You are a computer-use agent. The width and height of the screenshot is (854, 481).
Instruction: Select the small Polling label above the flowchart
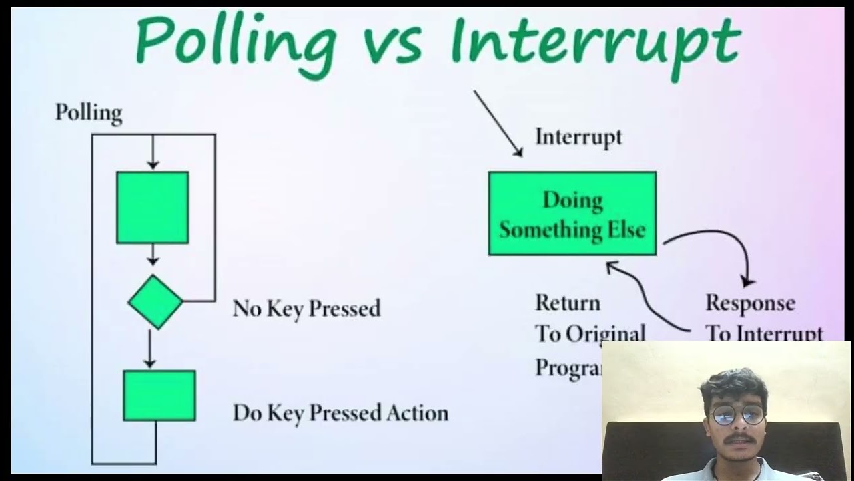(x=89, y=112)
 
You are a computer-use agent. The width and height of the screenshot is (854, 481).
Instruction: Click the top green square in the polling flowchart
(x=152, y=207)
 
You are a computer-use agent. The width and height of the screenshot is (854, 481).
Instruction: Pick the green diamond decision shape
(x=155, y=302)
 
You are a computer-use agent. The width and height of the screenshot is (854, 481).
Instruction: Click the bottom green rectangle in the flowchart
(x=159, y=395)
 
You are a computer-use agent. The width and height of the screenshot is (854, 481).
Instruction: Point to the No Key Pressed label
(x=306, y=309)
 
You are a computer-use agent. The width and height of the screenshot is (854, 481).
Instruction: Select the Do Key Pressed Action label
(x=340, y=413)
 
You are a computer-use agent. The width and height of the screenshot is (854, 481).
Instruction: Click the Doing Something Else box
(x=572, y=214)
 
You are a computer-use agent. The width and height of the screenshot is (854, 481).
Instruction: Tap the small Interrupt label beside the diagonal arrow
(x=578, y=137)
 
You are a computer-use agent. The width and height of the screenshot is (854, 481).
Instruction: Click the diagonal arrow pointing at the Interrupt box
(x=498, y=123)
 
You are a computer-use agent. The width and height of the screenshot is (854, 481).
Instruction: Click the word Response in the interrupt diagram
(x=750, y=303)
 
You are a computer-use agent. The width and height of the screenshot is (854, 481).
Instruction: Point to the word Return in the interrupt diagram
(x=568, y=303)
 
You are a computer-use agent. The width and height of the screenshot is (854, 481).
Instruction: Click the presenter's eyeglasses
(x=737, y=414)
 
